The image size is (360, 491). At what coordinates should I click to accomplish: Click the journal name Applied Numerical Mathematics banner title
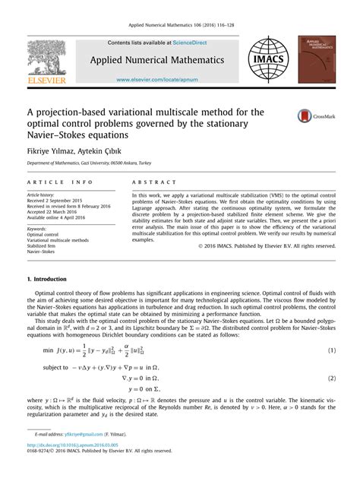(161, 59)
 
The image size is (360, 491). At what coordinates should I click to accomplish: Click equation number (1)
(332, 329)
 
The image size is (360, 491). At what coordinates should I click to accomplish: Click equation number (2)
(332, 356)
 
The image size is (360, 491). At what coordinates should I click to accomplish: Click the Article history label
(44, 195)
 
